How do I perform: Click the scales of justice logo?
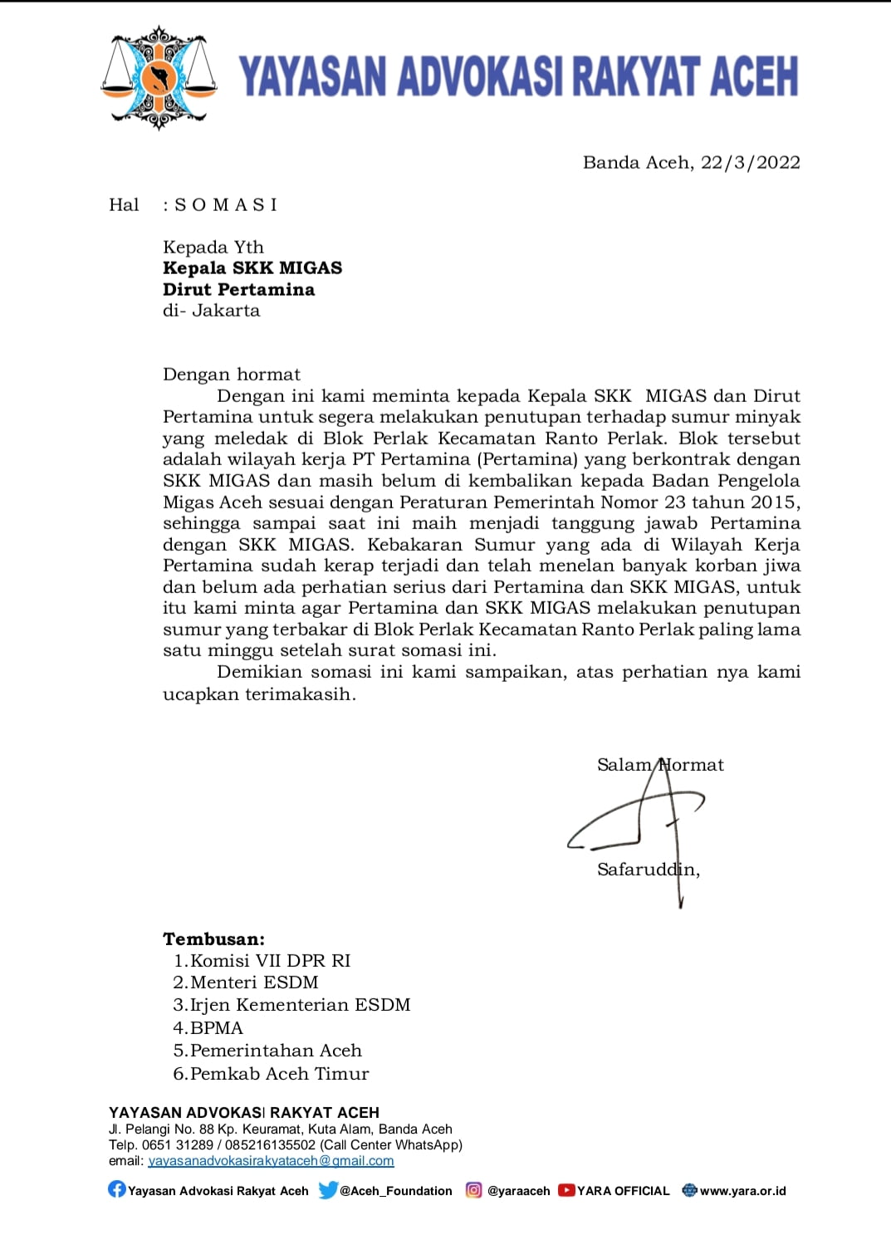tap(159, 78)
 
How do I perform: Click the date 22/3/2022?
tap(750, 163)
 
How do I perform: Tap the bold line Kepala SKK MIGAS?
tap(252, 268)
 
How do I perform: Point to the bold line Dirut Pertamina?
tap(239, 290)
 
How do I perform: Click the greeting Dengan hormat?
tap(232, 375)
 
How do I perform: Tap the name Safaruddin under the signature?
tap(647, 870)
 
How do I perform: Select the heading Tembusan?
tap(213, 939)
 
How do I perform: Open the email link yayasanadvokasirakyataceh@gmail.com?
tap(271, 1161)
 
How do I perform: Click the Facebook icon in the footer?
tap(117, 1190)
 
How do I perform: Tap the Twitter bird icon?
tap(328, 1190)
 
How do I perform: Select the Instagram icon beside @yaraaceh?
tap(473, 1190)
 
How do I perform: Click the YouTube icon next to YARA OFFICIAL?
tap(566, 1190)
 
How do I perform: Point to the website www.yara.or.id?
tap(742, 1191)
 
